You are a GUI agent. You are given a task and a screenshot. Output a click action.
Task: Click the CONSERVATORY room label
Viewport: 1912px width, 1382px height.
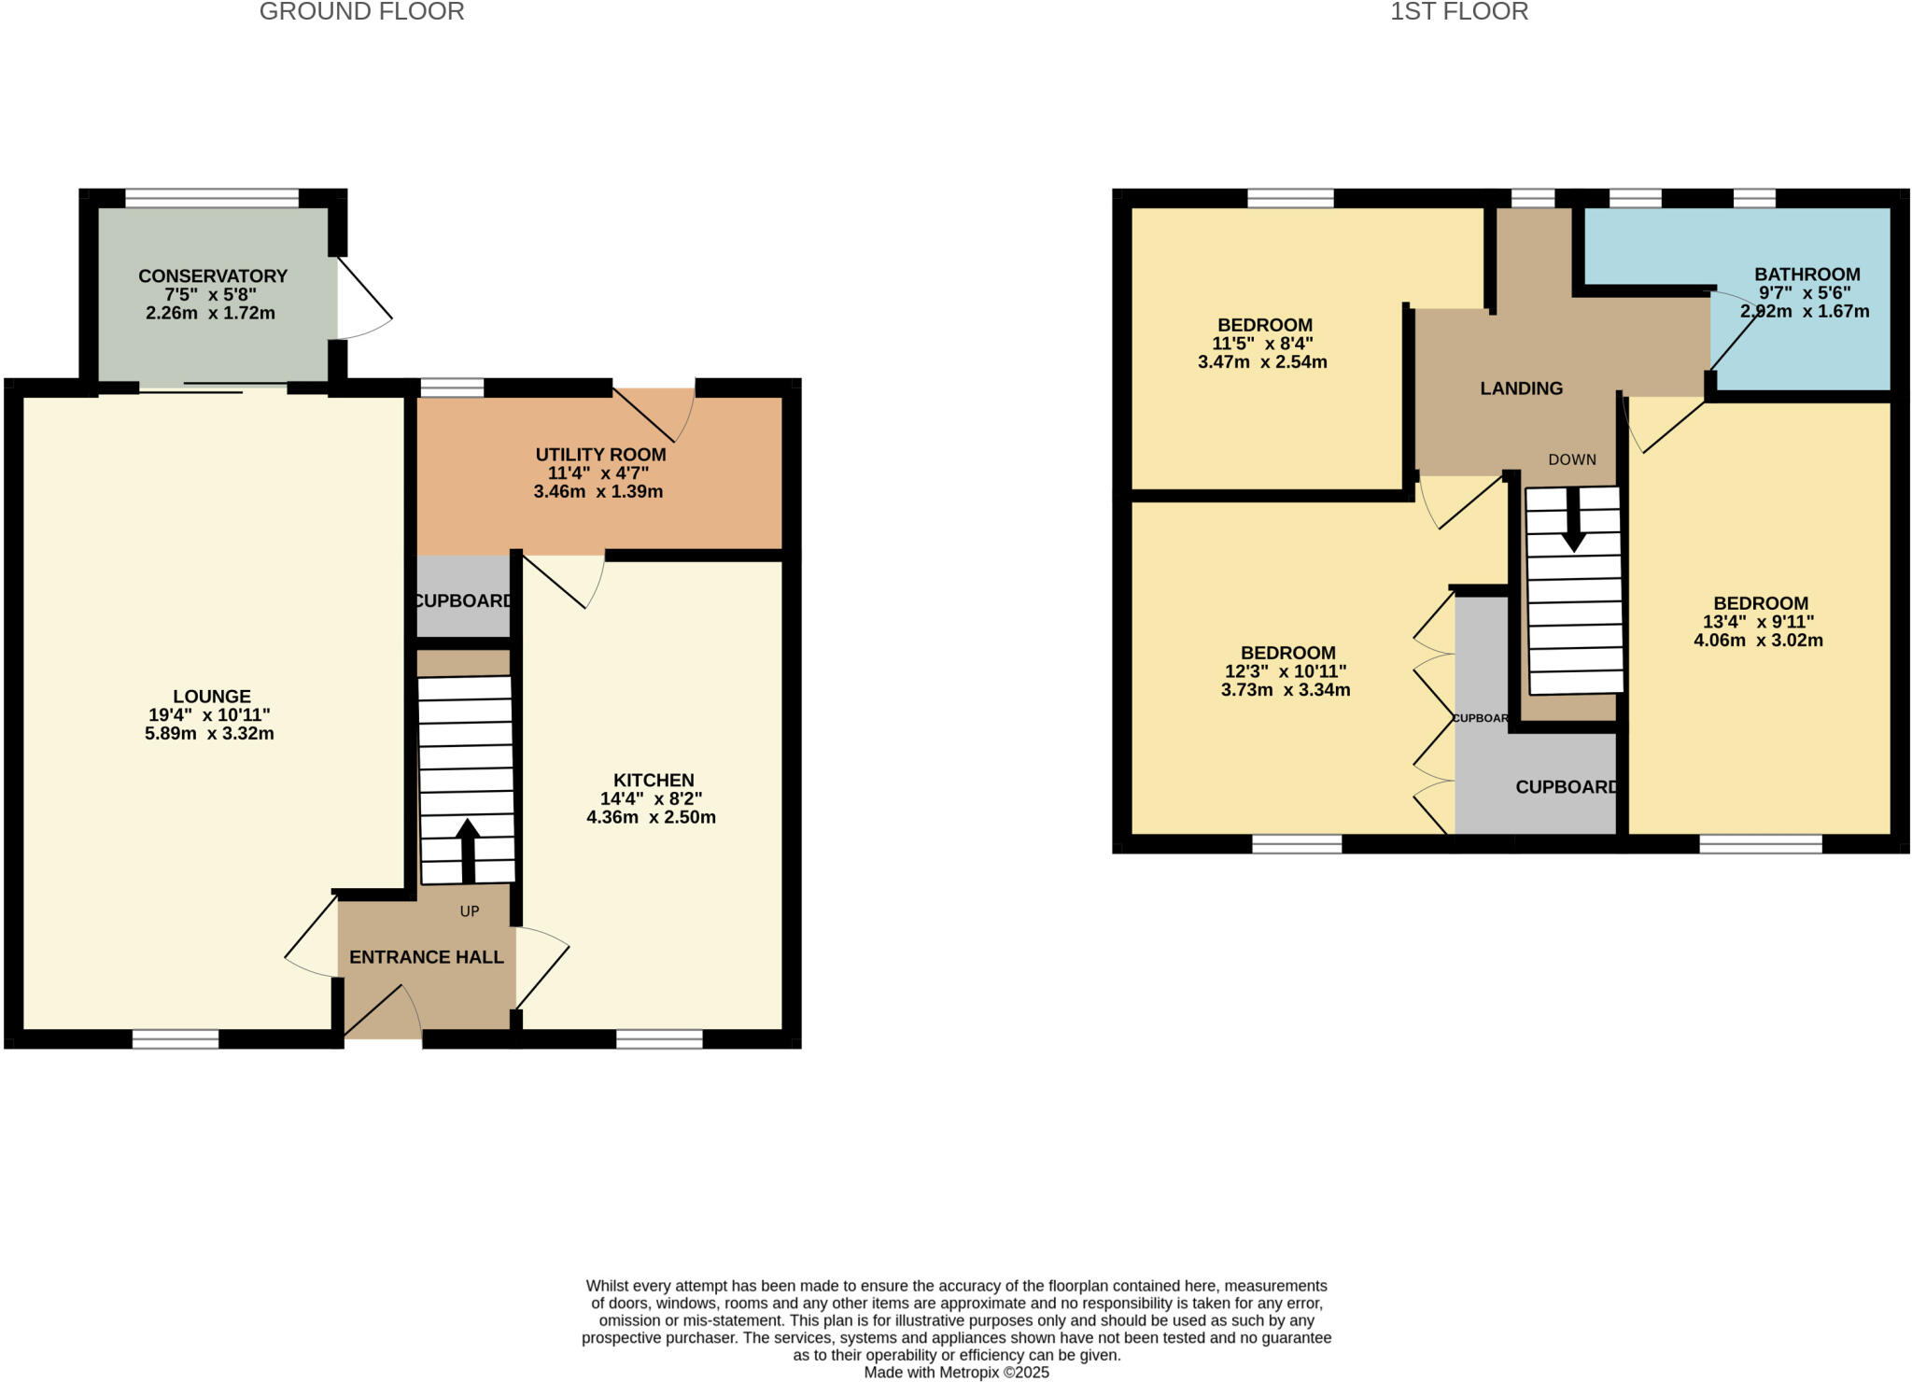(x=212, y=275)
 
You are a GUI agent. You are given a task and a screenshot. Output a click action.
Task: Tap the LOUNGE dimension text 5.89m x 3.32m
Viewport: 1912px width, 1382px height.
(x=209, y=734)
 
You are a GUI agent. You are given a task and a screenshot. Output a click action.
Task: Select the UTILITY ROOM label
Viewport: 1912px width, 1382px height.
(x=600, y=455)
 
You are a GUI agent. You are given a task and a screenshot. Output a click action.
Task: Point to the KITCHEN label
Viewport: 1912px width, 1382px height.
(x=654, y=780)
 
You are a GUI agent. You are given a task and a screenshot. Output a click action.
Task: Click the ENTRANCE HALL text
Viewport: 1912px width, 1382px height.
(x=426, y=957)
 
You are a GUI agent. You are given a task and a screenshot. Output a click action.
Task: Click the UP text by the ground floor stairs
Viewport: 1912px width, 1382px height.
(x=469, y=911)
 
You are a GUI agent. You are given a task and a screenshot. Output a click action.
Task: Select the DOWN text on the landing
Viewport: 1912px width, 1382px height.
(x=1572, y=459)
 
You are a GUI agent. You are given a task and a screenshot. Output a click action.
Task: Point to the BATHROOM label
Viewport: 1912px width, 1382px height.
(x=1807, y=275)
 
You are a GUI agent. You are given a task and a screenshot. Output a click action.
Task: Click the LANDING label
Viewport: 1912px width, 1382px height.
(x=1521, y=388)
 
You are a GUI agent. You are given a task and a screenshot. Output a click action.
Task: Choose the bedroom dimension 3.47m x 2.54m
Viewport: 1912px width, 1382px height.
(x=1262, y=362)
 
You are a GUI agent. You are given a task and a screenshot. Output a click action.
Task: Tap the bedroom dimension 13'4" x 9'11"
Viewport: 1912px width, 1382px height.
(x=1758, y=622)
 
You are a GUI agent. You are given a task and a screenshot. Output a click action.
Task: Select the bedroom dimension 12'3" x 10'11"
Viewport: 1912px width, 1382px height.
(x=1286, y=671)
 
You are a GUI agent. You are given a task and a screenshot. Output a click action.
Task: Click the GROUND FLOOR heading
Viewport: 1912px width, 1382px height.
(x=361, y=12)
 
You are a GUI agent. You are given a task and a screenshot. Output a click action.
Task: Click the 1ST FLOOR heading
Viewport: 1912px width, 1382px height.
(x=1458, y=12)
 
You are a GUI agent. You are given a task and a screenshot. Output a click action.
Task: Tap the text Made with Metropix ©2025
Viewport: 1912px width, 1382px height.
(x=956, y=1373)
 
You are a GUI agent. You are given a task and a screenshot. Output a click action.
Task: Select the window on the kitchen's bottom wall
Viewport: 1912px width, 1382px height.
(x=659, y=1038)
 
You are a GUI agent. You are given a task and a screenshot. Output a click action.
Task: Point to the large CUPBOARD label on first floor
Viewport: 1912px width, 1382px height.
(x=1566, y=787)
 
